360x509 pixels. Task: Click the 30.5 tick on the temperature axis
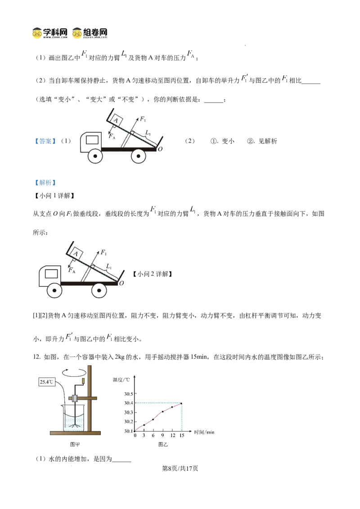click(x=129, y=394)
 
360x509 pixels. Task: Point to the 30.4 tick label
click(x=129, y=403)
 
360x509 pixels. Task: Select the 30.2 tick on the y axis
click(x=129, y=422)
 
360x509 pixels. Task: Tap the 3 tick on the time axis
click(x=144, y=436)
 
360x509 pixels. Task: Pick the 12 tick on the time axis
click(x=172, y=436)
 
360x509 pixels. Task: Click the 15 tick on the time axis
click(x=181, y=436)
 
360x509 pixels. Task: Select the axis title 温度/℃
click(x=121, y=380)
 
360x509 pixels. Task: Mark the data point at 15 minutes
click(x=181, y=403)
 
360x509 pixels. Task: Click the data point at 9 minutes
click(x=163, y=412)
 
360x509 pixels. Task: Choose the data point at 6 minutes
click(x=153, y=420)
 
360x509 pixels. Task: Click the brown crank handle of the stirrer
click(x=82, y=382)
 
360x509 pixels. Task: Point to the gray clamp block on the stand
click(x=75, y=398)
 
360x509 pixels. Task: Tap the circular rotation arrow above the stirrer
click(x=74, y=373)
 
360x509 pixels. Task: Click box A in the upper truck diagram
click(x=116, y=121)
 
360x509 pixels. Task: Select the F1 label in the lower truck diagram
click(x=103, y=253)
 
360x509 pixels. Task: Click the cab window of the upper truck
click(x=92, y=139)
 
